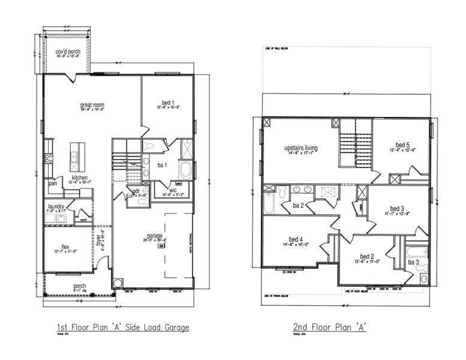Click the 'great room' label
[x=92, y=105]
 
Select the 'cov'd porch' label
[x=67, y=52]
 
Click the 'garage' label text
[x=155, y=236]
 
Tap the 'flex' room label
[x=66, y=246]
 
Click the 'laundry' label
[x=56, y=206]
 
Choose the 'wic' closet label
[x=173, y=190]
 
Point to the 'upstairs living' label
[x=300, y=148]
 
